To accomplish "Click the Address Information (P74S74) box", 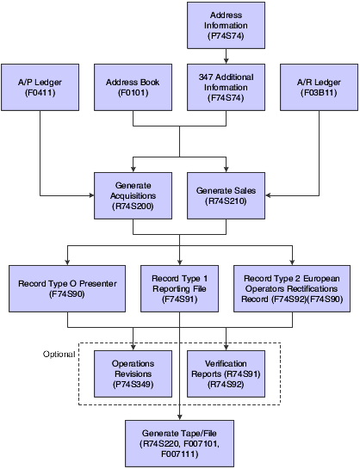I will pos(226,27).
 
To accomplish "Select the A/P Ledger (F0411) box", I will pos(40,87).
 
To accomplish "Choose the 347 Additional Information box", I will pos(226,87).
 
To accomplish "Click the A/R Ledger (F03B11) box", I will pos(318,87).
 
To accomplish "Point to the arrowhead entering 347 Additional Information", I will pos(226,61).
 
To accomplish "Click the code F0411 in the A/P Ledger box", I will pos(40,93).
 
